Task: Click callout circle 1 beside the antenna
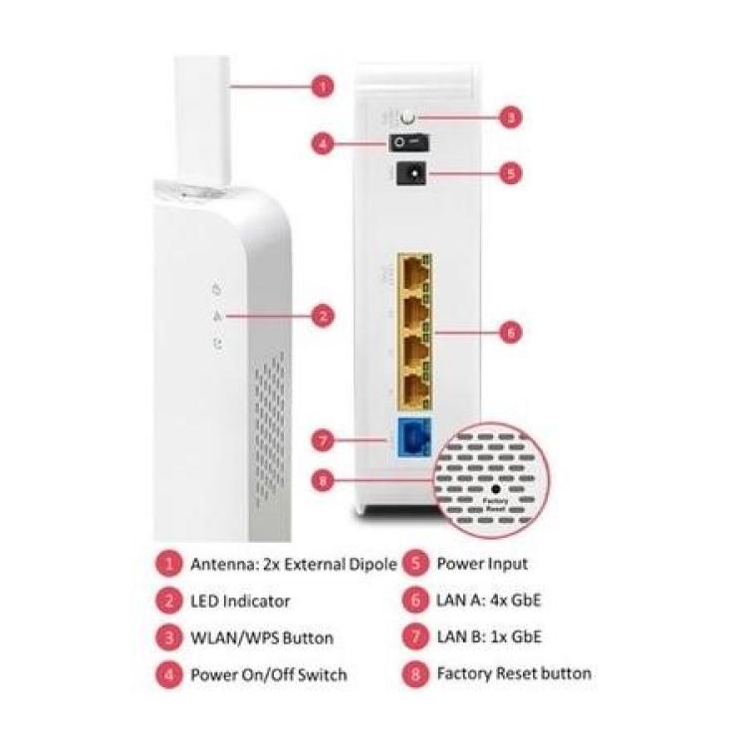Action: click(321, 87)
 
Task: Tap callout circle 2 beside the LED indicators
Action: click(321, 317)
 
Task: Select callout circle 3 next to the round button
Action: click(509, 118)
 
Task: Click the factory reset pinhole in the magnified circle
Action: click(495, 490)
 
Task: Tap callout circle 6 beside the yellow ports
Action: click(509, 332)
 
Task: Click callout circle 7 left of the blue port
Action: click(321, 438)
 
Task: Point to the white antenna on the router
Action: click(203, 120)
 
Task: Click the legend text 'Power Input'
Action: click(482, 564)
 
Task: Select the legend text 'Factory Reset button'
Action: click(514, 673)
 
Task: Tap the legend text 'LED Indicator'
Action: click(240, 601)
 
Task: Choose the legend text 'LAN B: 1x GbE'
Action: click(489, 636)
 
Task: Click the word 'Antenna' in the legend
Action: click(221, 564)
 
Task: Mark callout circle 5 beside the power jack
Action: click(509, 172)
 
